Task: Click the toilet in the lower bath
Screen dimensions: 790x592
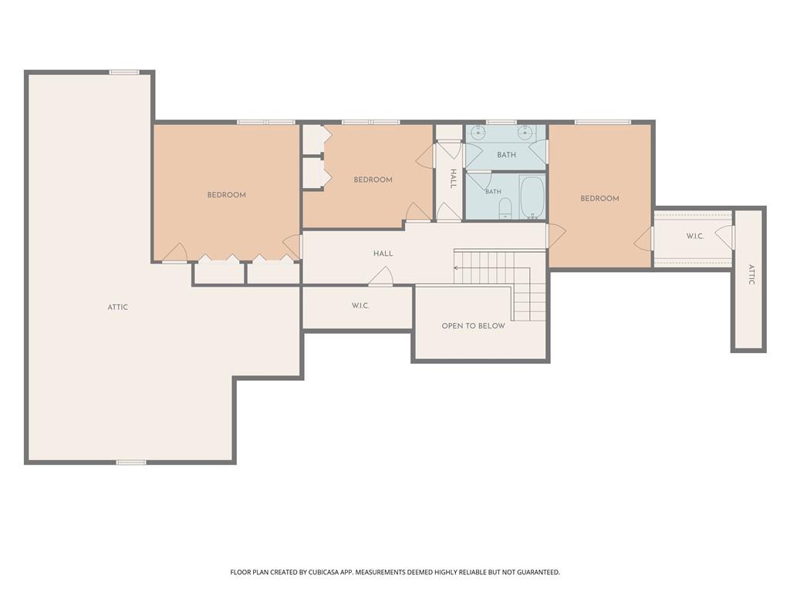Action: click(505, 208)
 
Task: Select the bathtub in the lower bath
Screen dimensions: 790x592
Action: click(532, 197)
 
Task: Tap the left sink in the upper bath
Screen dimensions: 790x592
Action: click(478, 133)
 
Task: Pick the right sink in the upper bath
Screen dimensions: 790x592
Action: click(525, 133)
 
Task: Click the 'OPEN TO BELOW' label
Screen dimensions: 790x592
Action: click(473, 326)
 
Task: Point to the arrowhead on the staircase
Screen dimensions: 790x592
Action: click(456, 267)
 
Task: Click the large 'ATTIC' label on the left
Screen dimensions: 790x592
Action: click(118, 307)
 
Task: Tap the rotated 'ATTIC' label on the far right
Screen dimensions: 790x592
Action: click(751, 275)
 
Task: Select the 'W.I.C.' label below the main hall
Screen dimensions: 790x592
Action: click(360, 305)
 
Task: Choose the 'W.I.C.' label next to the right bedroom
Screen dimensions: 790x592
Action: click(695, 236)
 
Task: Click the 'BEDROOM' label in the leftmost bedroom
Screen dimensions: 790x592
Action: click(227, 195)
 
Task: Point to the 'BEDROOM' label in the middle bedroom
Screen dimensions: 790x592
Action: click(373, 180)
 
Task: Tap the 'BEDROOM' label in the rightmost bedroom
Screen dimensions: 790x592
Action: click(599, 198)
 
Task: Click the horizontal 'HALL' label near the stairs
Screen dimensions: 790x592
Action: click(383, 254)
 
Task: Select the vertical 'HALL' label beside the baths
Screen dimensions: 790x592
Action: click(453, 179)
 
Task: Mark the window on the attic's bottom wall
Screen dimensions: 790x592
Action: click(131, 462)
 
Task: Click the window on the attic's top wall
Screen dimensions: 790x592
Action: click(124, 72)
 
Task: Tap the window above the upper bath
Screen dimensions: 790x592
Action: click(501, 122)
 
